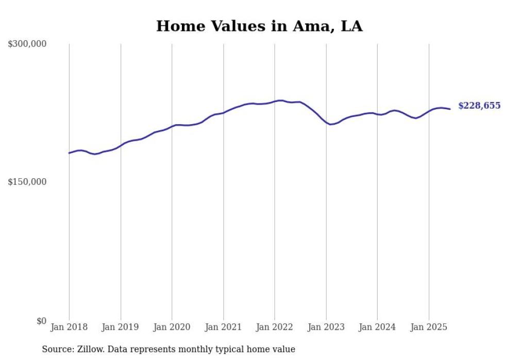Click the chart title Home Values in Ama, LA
[259, 26]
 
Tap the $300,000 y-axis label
[27, 44]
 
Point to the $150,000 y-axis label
[27, 182]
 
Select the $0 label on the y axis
[41, 321]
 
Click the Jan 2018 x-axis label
[69, 327]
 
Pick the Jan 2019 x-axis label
[121, 327]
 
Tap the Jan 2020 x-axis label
[172, 327]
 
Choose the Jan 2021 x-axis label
[223, 327]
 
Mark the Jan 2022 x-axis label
[275, 327]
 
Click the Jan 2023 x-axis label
[326, 327]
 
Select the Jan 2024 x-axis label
[377, 327]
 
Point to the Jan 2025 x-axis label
[429, 327]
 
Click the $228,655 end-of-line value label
[479, 106]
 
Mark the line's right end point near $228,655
[450, 109]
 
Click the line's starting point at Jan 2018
[69, 153]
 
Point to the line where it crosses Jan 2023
[326, 122]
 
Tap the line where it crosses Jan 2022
[275, 101]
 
